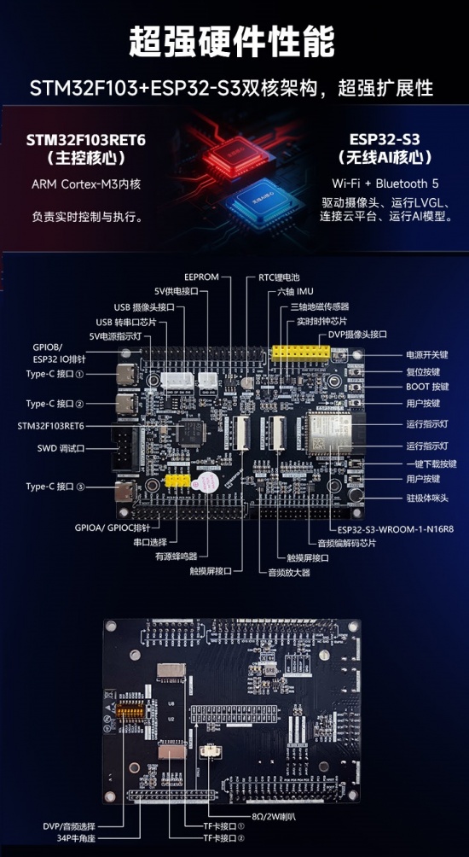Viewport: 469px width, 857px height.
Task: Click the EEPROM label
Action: coord(202,277)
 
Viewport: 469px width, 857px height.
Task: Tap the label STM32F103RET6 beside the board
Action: coord(53,424)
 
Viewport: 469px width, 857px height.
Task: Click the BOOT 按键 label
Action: coord(428,387)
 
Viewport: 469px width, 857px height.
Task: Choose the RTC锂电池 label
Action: coord(280,277)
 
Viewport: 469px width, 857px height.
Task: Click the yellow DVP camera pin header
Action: coord(301,354)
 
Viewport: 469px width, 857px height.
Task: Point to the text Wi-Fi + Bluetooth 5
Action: coord(385,184)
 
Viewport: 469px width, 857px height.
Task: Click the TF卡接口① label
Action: coord(218,825)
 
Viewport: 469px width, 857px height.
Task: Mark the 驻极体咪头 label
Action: coord(428,496)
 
